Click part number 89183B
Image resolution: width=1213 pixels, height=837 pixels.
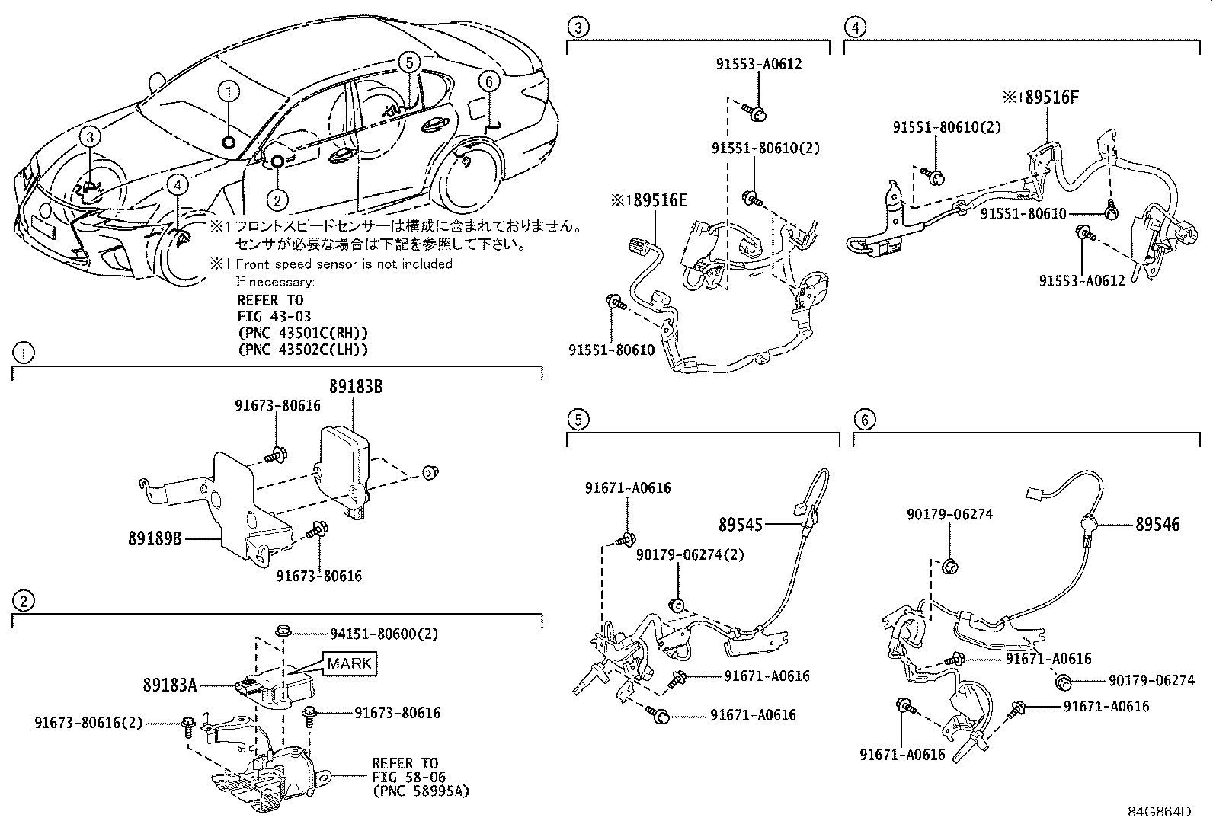click(x=355, y=387)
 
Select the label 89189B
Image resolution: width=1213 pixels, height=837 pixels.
click(x=155, y=538)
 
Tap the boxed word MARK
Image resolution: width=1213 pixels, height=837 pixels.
click(x=350, y=664)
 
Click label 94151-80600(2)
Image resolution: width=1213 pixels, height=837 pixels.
click(x=383, y=634)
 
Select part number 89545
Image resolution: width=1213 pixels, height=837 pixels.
click(x=740, y=524)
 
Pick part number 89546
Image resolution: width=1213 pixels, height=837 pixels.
click(x=1157, y=524)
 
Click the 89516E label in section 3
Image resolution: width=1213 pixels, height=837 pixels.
click(x=654, y=200)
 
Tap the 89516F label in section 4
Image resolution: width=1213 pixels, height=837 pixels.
click(x=1047, y=97)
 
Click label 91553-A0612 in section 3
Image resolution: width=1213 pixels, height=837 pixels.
click(x=758, y=65)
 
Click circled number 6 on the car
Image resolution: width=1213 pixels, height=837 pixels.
click(x=488, y=81)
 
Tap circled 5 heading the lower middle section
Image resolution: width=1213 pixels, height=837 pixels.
click(x=578, y=419)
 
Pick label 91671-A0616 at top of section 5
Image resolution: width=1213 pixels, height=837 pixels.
click(x=628, y=488)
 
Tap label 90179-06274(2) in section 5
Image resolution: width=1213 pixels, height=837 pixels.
click(x=690, y=555)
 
